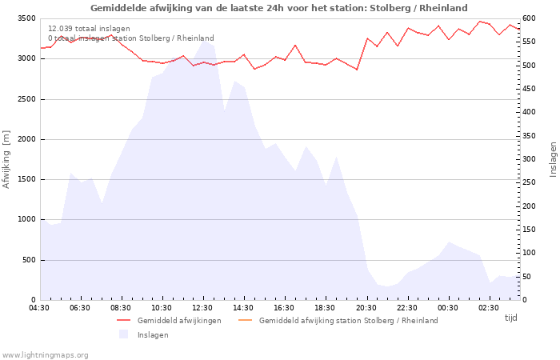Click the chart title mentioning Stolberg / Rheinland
tap(279, 8)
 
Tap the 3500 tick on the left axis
tap(26, 18)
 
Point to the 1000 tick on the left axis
tap(26, 219)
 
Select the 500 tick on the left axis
tap(29, 260)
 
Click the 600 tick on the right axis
tap(530, 18)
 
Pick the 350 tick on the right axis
tap(530, 136)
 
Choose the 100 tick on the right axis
tap(530, 253)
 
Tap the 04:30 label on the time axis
tap(40, 308)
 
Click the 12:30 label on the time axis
tap(202, 308)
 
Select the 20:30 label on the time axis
tap(366, 308)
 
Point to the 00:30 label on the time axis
tap(447, 308)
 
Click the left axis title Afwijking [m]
tap(6, 159)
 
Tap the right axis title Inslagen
tap(553, 159)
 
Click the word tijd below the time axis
tap(510, 318)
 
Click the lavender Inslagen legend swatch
tap(124, 334)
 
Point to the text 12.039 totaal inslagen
tap(89, 29)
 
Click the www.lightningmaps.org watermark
tap(46, 354)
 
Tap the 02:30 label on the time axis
tap(488, 308)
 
